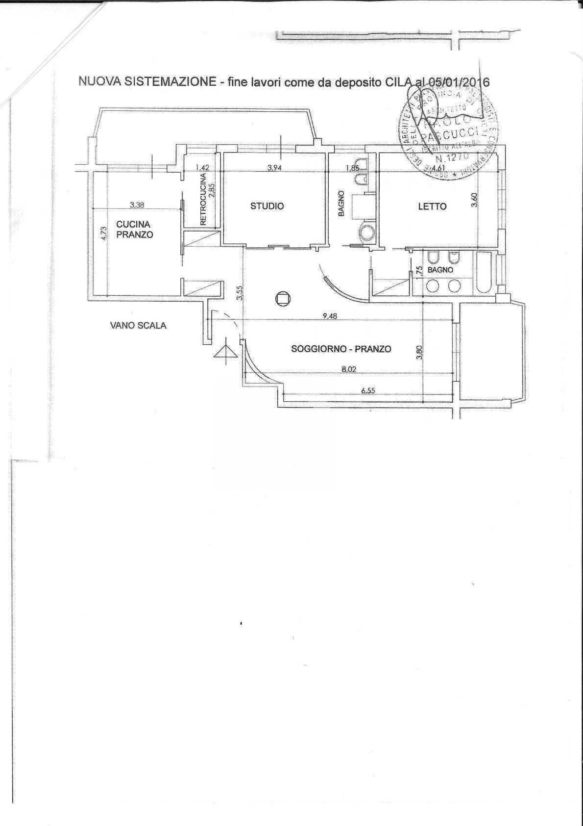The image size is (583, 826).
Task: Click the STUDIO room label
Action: [x=267, y=206]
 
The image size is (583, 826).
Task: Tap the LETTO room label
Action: [x=432, y=206]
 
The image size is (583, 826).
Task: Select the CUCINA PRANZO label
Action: [x=134, y=230]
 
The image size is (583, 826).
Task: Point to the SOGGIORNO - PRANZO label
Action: [x=341, y=349]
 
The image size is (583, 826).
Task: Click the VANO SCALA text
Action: [x=138, y=325]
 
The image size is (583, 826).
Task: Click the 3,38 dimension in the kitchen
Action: [x=136, y=206]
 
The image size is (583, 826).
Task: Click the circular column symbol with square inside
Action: [x=283, y=298]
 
